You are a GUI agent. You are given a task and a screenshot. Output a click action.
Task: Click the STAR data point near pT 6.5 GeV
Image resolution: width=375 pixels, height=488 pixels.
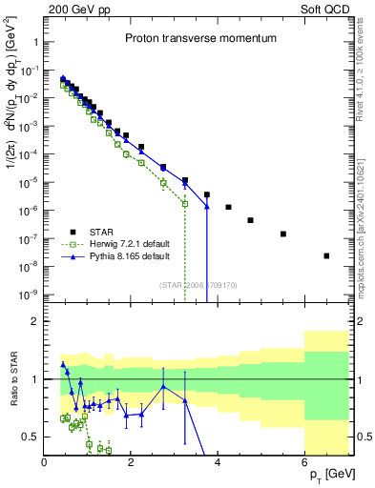(x=326, y=255)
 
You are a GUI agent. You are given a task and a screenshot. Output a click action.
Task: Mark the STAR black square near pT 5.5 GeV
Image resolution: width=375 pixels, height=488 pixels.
(x=283, y=234)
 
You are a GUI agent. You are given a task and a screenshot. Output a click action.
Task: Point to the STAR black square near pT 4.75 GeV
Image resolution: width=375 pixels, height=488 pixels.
(x=250, y=220)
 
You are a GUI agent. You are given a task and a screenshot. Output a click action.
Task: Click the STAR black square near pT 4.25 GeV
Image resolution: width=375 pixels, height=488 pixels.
(x=228, y=207)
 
